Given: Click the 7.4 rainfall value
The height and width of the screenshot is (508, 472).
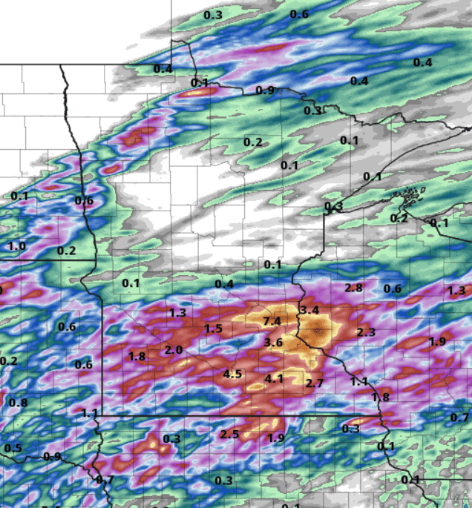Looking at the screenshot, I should (272, 321).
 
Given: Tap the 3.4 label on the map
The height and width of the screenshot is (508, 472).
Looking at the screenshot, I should (309, 309).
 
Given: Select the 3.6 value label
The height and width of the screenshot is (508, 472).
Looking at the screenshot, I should (273, 342).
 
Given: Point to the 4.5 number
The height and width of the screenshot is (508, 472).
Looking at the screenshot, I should (232, 374).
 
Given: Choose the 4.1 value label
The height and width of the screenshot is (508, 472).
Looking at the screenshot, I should (274, 379).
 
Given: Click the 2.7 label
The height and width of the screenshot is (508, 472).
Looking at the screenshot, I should (315, 383).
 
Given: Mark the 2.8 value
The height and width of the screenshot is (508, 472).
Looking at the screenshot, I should (353, 288).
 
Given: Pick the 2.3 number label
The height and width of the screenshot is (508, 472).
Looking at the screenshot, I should (366, 332).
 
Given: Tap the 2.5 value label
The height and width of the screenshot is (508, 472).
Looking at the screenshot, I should (229, 434).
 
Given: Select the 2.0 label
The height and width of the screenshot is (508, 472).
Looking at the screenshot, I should (174, 350).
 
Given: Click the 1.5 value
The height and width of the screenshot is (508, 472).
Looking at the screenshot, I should (213, 329).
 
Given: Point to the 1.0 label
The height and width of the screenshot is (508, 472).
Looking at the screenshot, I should (16, 245).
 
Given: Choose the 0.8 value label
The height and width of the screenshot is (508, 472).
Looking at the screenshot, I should (18, 403).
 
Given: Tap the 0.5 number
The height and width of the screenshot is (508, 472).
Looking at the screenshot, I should (13, 448).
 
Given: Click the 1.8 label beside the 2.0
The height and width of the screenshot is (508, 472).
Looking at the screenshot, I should (137, 356).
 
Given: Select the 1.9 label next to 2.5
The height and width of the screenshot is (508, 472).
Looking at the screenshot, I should (276, 438).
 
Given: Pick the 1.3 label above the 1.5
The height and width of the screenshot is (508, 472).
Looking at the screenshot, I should (177, 313).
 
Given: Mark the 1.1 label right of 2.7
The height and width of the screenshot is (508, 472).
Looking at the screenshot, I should (359, 381).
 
